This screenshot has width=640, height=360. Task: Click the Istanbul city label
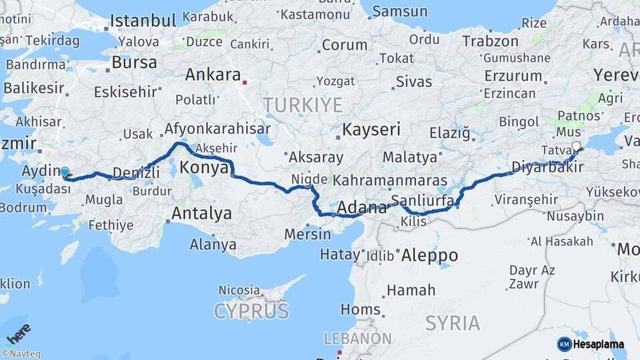(144, 20)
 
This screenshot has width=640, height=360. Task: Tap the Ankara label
(213, 75)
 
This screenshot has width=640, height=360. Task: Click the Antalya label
(201, 213)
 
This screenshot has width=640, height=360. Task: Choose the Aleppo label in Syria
(430, 255)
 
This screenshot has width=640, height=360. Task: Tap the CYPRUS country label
(251, 311)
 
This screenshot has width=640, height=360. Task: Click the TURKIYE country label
(303, 105)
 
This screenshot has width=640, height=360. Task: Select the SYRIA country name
(453, 323)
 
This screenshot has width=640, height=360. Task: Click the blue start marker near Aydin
(65, 172)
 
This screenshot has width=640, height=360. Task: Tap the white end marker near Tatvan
(576, 147)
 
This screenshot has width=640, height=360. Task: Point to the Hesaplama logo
(591, 344)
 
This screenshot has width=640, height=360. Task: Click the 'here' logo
(19, 333)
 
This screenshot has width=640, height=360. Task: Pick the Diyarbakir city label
(547, 167)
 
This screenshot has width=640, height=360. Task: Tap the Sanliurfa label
(423, 199)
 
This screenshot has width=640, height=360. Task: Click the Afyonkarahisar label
(217, 129)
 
